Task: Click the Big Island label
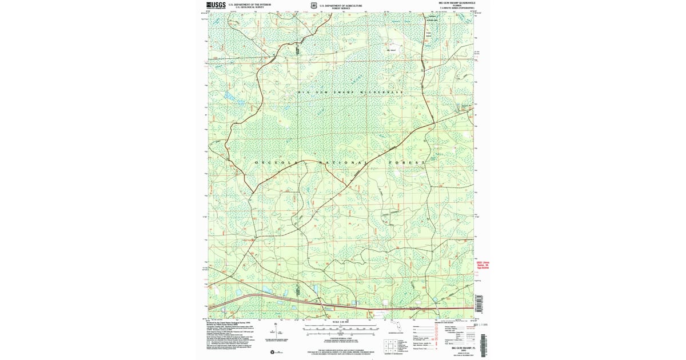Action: (x=392, y=50)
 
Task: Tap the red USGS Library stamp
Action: (x=482, y=267)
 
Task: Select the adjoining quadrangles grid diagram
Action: (x=391, y=346)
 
